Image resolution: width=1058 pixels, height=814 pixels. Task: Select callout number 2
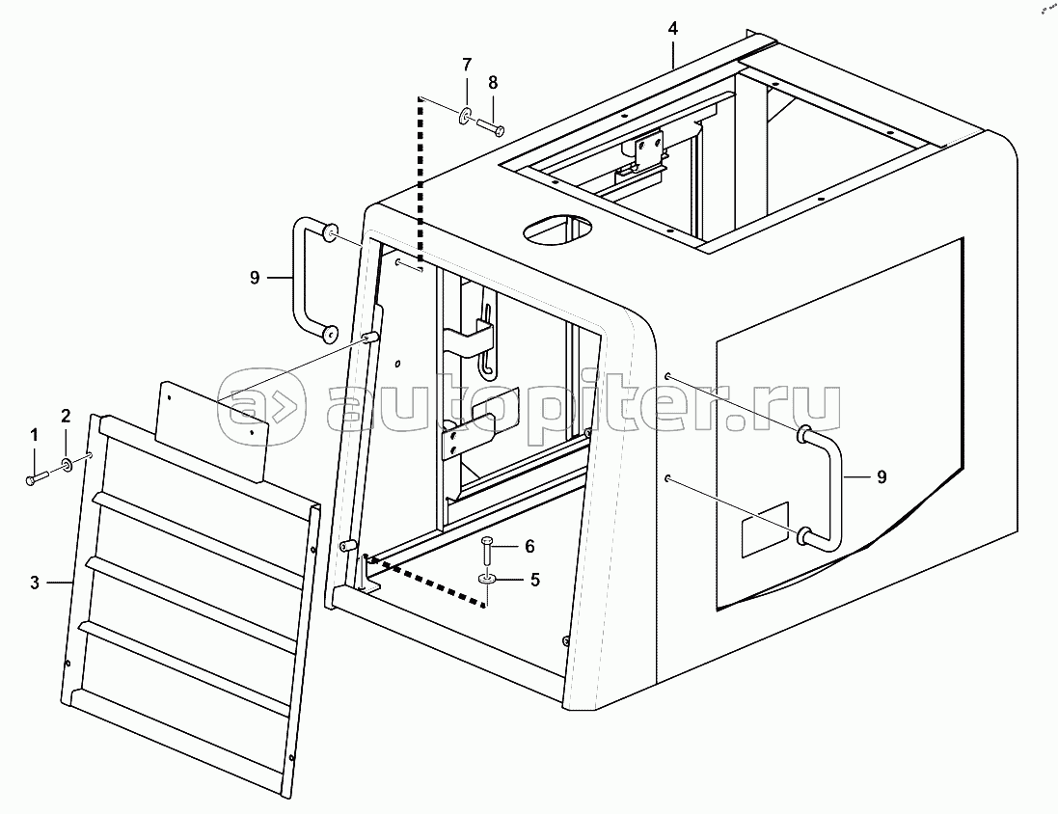coord(66,417)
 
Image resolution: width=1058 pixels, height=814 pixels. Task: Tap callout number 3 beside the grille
coord(35,582)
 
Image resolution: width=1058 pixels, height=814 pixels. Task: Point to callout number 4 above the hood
coord(672,28)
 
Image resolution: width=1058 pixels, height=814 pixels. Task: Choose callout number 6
coord(529,546)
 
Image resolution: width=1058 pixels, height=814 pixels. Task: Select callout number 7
coord(467,65)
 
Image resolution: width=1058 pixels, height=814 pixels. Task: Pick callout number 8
coord(493,83)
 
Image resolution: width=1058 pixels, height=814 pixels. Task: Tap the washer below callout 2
coord(68,467)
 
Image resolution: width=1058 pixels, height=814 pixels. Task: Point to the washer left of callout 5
coord(486,579)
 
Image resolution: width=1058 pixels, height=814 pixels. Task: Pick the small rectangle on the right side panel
coord(764,531)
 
